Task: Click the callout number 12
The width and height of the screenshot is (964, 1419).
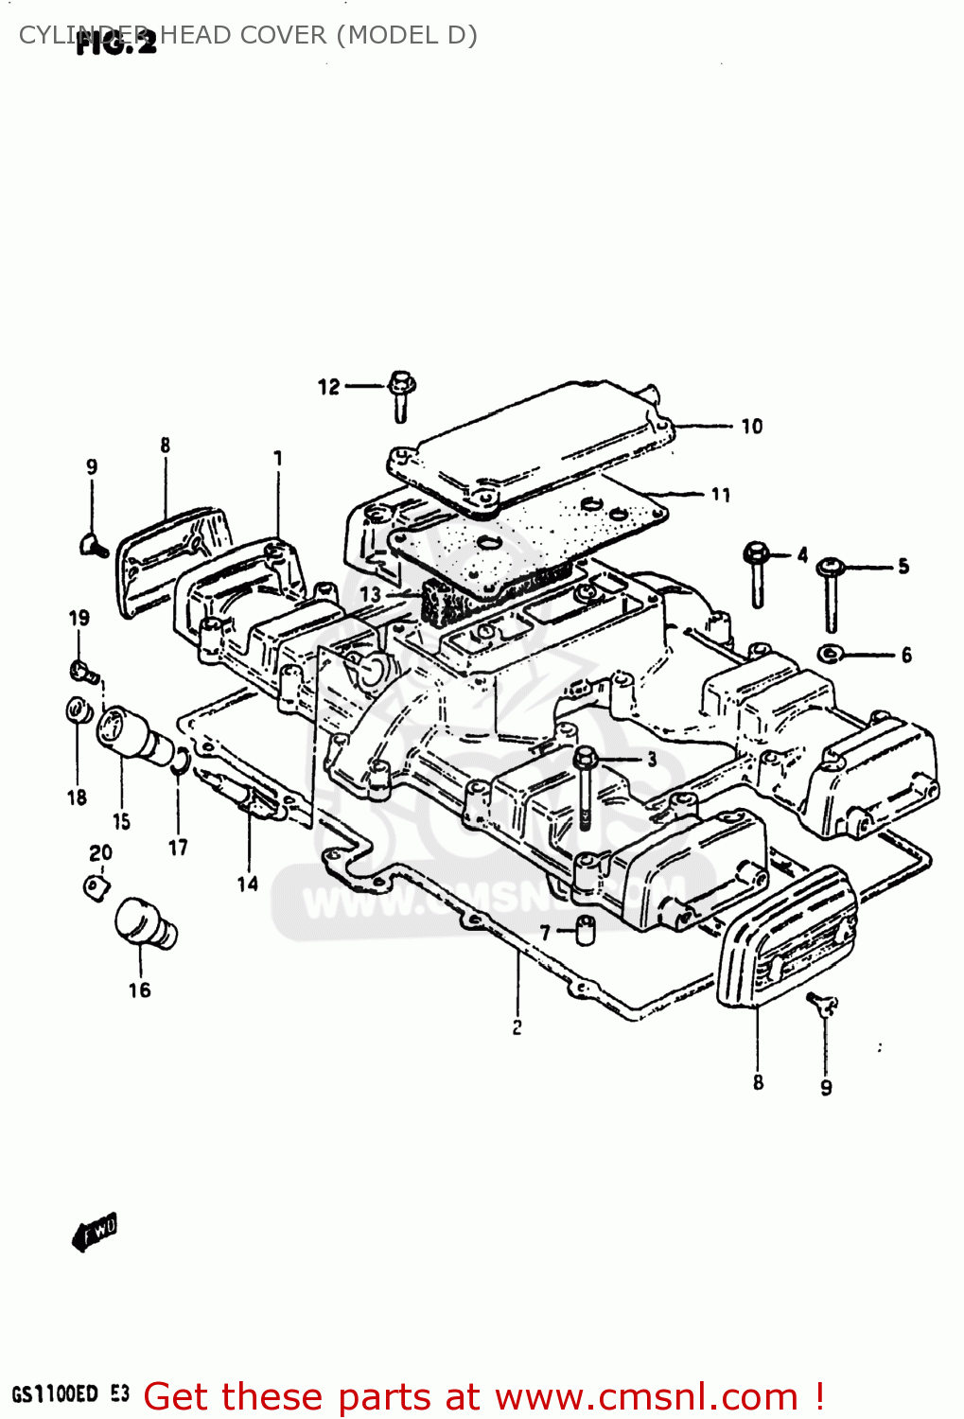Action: (x=328, y=387)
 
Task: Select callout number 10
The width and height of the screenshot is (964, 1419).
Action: (x=751, y=427)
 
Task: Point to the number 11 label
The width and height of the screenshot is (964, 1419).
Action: (x=721, y=495)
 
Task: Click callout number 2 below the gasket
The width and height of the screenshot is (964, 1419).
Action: (x=517, y=1027)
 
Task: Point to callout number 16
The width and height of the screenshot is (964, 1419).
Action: (x=139, y=990)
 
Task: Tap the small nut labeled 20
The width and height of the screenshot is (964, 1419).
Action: (x=96, y=887)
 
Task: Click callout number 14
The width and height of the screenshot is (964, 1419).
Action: (x=247, y=884)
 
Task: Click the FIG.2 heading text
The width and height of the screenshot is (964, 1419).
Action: (x=115, y=43)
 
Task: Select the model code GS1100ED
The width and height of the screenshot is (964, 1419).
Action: (x=55, y=1394)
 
